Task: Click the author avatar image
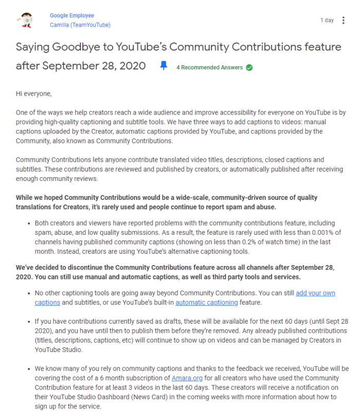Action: pos(24,20)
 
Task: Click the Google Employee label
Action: pos(72,16)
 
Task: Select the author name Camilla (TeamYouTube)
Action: pos(80,25)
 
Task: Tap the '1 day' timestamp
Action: pos(327,20)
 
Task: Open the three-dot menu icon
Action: pos(343,20)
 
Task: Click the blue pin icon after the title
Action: pos(164,66)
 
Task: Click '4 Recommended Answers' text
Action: pos(210,67)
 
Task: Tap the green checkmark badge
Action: pos(249,67)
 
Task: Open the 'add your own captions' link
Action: pos(315,293)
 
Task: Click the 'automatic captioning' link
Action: pos(207,302)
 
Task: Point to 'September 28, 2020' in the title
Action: pos(94,66)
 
